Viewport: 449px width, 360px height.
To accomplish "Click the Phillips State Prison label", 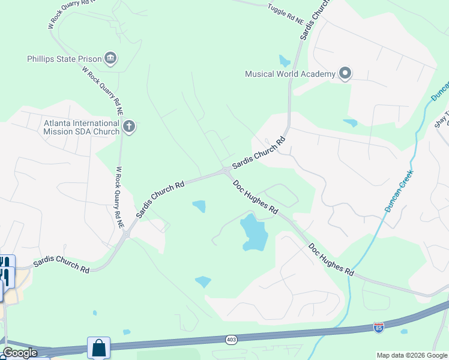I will (64, 59).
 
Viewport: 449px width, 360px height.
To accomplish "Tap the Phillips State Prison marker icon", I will (110, 58).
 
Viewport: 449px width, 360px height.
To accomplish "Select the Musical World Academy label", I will (289, 74).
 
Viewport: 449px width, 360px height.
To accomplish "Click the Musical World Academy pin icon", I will (345, 73).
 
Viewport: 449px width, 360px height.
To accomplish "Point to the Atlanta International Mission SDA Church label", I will (82, 127).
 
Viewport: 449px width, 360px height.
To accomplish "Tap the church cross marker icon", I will (129, 126).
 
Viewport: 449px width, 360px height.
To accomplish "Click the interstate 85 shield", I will (378, 328).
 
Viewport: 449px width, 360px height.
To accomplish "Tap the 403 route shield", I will (231, 340).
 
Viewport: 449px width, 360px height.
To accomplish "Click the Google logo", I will (20, 353).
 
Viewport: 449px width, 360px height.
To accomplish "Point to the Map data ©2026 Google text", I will (412, 355).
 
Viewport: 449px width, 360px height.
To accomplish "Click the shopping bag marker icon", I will (98, 347).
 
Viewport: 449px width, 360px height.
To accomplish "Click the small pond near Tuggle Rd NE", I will (285, 61).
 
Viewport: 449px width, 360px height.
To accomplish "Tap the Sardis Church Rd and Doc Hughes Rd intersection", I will (226, 172).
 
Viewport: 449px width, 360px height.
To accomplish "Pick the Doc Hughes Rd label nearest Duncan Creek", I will (331, 259).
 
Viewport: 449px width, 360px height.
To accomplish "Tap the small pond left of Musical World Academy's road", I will (350, 123).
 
